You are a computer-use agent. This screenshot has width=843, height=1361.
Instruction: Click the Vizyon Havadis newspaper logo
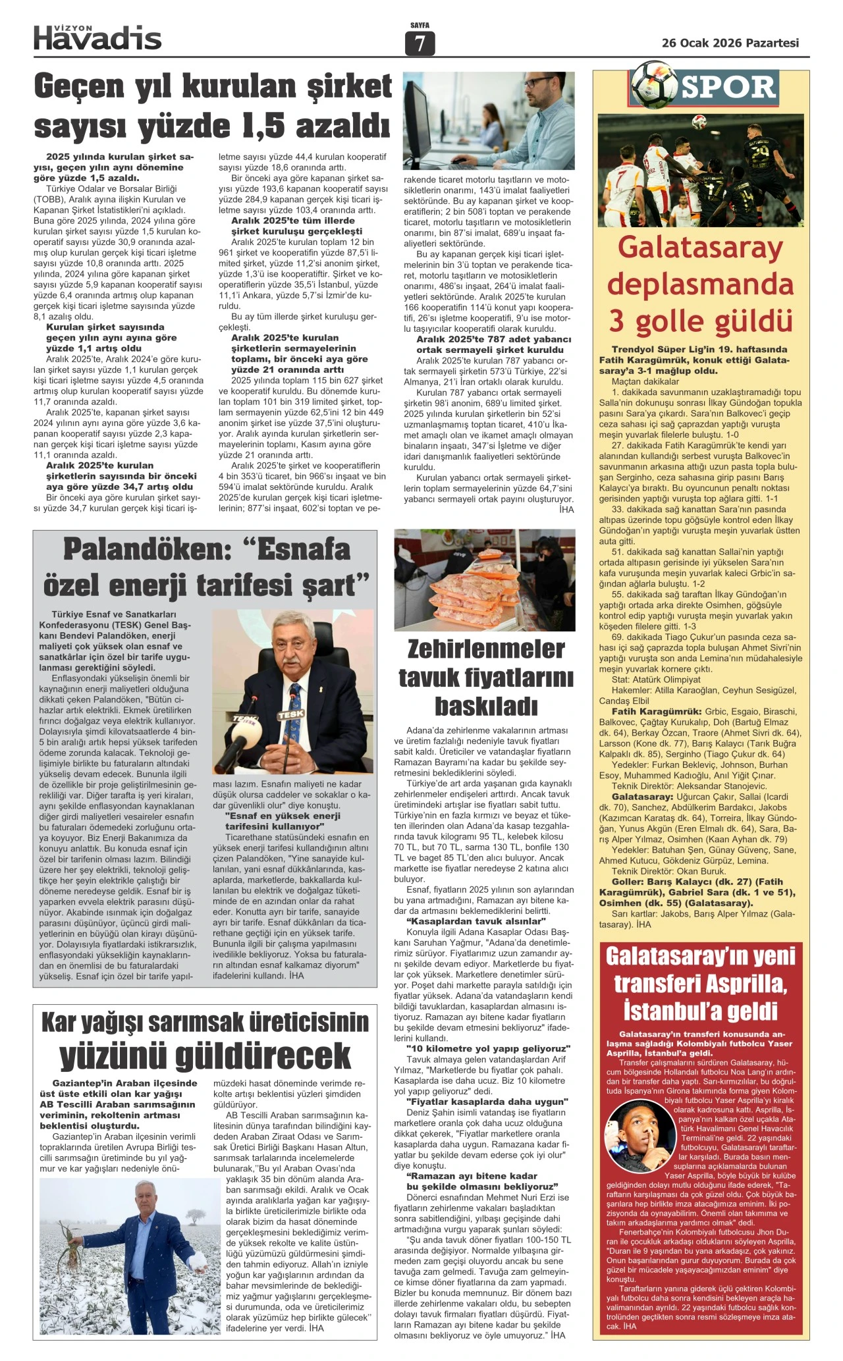(97, 38)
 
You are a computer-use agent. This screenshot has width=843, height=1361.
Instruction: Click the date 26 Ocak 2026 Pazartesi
(730, 43)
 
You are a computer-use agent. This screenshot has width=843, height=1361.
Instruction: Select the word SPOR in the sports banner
(728, 87)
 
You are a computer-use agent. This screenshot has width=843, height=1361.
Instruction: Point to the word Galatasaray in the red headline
(699, 248)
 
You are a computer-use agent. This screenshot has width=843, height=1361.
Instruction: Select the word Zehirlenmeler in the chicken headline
(486, 649)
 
